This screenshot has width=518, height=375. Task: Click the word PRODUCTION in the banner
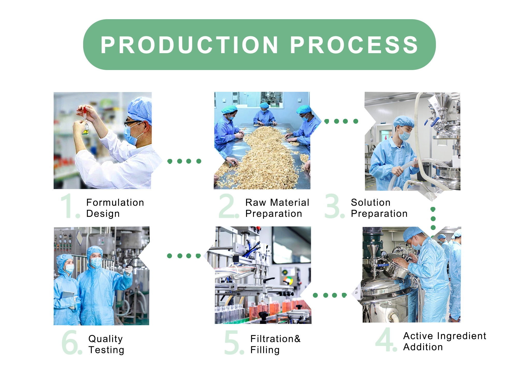point(189,45)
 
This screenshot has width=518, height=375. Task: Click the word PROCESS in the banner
point(354,45)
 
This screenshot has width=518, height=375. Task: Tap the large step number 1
point(69,205)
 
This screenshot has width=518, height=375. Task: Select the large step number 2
point(228,205)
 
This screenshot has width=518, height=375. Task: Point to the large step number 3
point(334,205)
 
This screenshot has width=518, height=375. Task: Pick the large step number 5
point(234,342)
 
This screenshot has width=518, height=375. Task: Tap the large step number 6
point(72,342)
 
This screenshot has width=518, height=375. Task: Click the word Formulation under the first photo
point(115,203)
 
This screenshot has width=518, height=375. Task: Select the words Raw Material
point(277,203)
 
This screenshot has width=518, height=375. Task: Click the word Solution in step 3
point(371,203)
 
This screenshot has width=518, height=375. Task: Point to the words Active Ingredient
point(445,336)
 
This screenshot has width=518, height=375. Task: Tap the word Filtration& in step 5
point(275,339)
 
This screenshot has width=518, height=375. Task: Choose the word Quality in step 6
point(105,339)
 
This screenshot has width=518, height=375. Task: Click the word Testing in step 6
point(106,350)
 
